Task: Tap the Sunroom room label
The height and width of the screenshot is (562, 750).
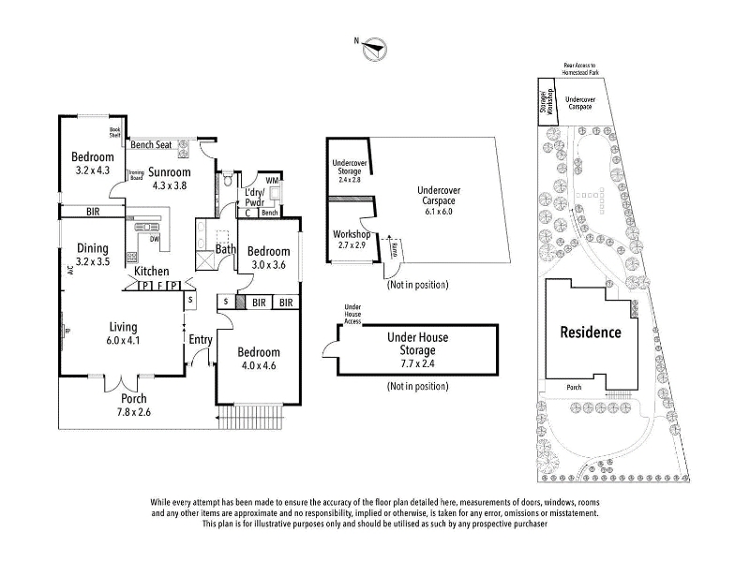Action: pyautogui.click(x=169, y=172)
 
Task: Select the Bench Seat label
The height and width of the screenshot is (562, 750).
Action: pyautogui.click(x=151, y=145)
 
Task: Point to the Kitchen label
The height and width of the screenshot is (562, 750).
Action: pyautogui.click(x=151, y=272)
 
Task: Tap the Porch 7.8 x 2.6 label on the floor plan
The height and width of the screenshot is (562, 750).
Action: pyautogui.click(x=133, y=405)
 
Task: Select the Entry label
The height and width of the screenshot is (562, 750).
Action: pyautogui.click(x=200, y=339)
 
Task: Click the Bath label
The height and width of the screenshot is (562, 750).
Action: pyautogui.click(x=226, y=249)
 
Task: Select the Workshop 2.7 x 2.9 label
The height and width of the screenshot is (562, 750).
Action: pyautogui.click(x=352, y=239)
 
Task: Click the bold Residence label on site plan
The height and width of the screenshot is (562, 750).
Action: pyautogui.click(x=591, y=332)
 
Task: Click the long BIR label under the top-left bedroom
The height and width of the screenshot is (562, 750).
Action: pyautogui.click(x=93, y=213)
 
